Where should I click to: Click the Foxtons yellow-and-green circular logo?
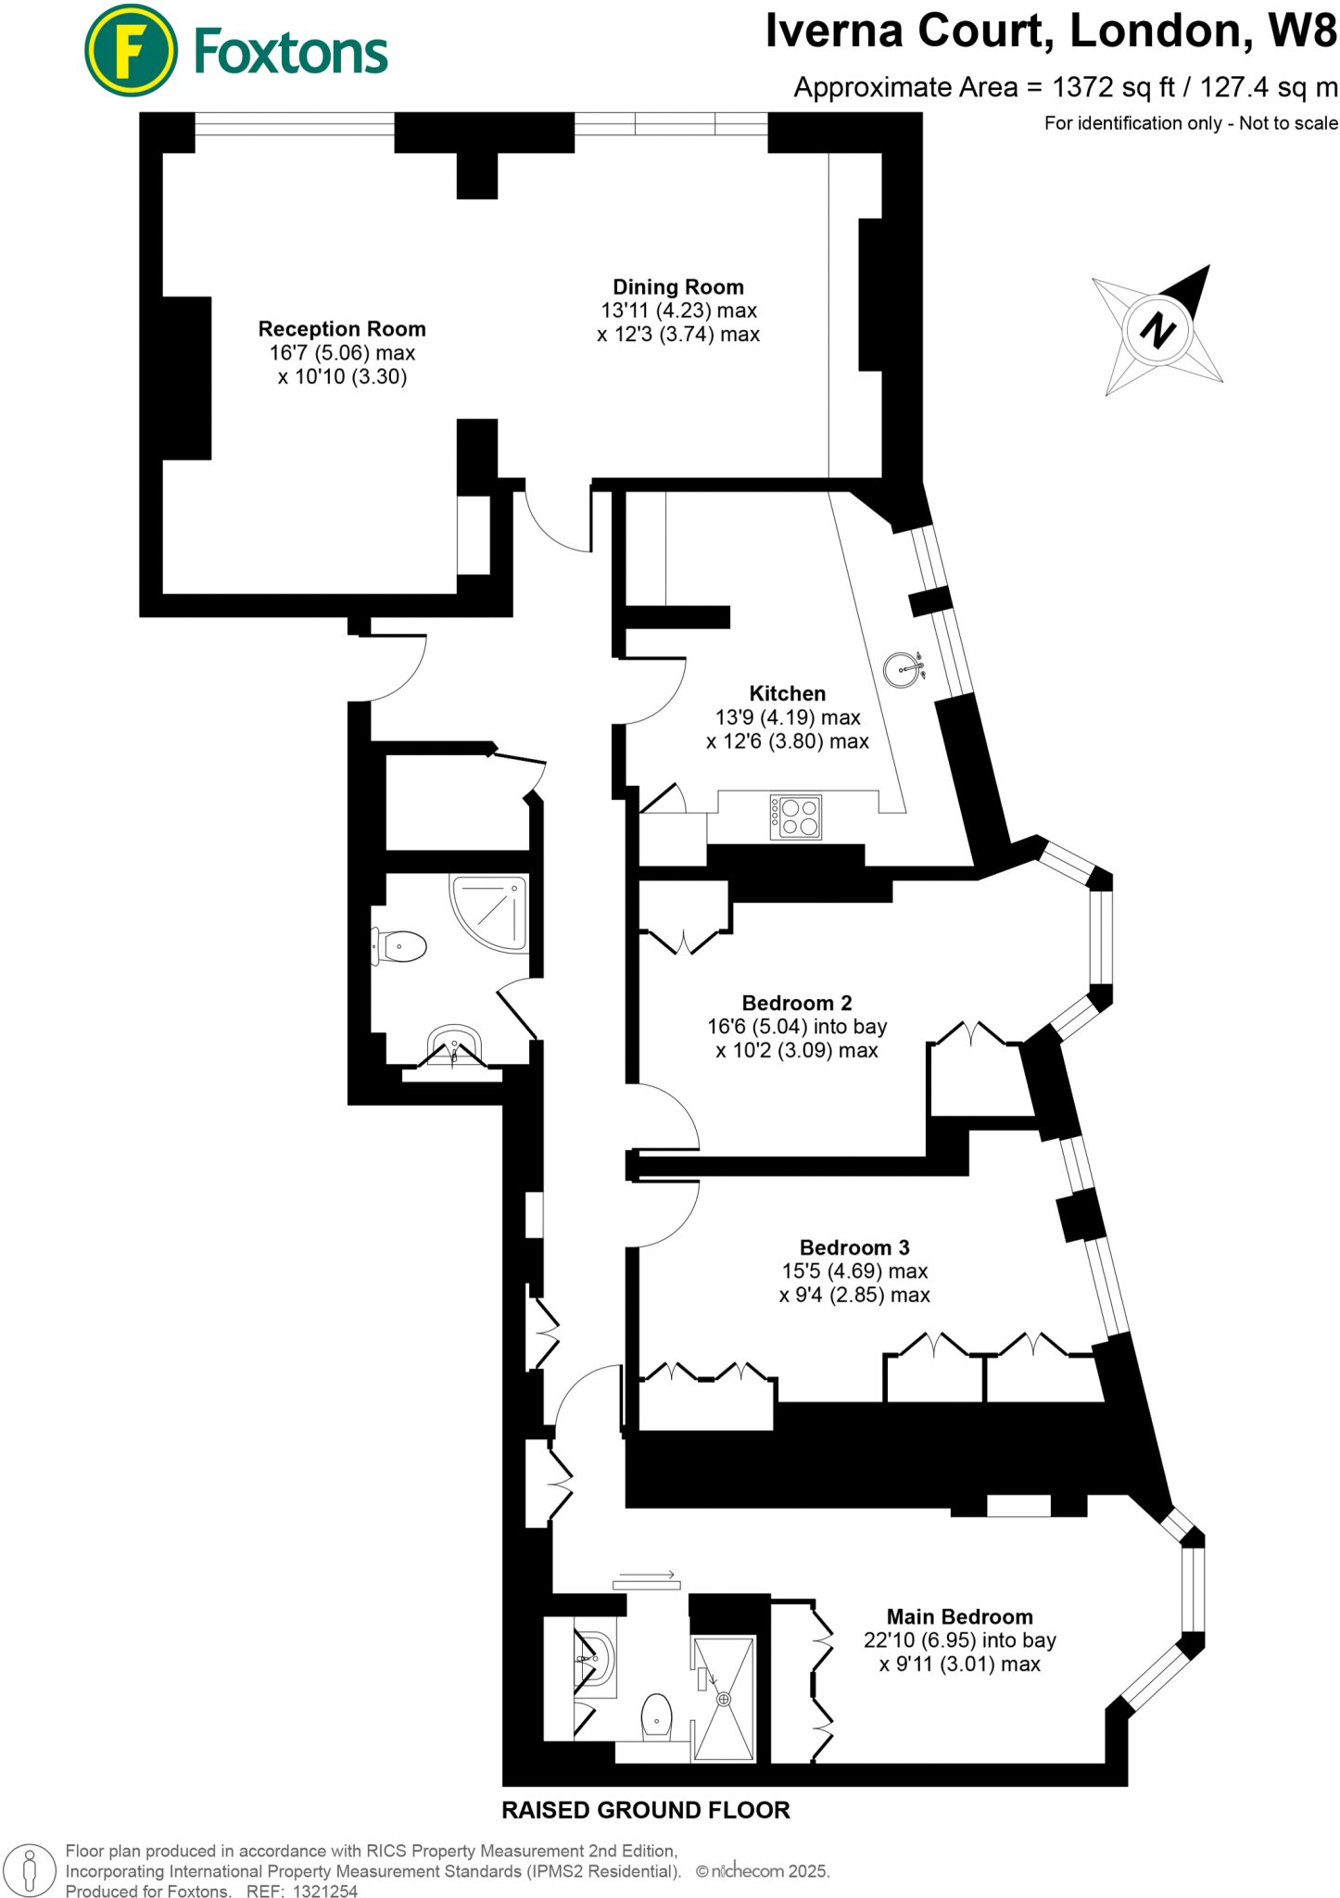tap(131, 51)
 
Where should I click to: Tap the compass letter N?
tap(1157, 330)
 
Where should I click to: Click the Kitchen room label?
tap(787, 693)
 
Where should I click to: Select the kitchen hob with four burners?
tap(796, 816)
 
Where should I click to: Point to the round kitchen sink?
tap(903, 669)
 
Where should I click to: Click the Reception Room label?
tap(342, 329)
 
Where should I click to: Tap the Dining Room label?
tap(677, 287)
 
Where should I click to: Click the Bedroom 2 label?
tap(796, 1003)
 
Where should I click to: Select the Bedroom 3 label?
tap(854, 1247)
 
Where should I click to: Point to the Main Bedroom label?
tap(959, 1616)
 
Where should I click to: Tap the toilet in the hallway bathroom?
tap(400, 946)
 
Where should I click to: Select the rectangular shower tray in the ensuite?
tap(724, 1698)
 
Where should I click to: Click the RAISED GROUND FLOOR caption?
tap(645, 1810)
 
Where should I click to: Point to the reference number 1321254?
tap(324, 1892)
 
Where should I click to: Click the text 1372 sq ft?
tap(1113, 88)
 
